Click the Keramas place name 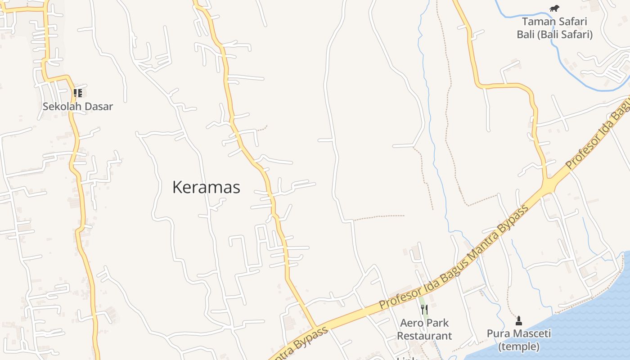pyautogui.click(x=206, y=187)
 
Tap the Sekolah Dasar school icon pyautogui.click(x=77, y=93)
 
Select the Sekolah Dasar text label pyautogui.click(x=77, y=107)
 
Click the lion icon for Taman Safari pyautogui.click(x=554, y=8)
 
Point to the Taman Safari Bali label pyautogui.click(x=554, y=27)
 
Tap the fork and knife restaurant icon pyautogui.click(x=424, y=309)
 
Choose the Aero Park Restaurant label pyautogui.click(x=424, y=329)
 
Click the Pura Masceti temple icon pyautogui.click(x=519, y=321)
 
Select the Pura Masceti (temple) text pyautogui.click(x=519, y=340)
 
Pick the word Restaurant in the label pyautogui.click(x=424, y=336)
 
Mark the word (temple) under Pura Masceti pyautogui.click(x=519, y=346)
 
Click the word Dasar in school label pyautogui.click(x=98, y=107)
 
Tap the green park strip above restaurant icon pyautogui.click(x=422, y=300)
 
